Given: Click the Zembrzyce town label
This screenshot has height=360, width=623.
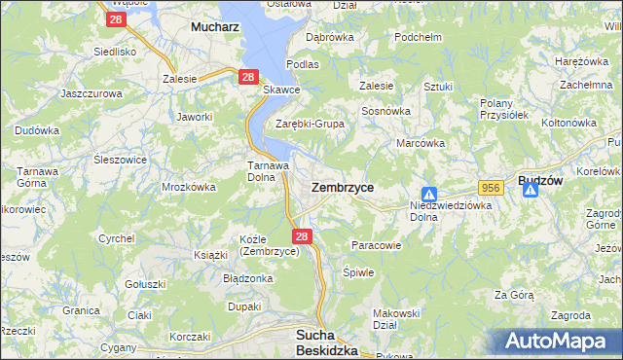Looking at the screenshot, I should coord(342,186).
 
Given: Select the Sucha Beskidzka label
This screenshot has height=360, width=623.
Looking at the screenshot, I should coord(326,342).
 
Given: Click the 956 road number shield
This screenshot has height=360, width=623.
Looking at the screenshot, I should coord(489,186).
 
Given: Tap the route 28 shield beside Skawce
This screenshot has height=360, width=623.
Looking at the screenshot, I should coord(247,77).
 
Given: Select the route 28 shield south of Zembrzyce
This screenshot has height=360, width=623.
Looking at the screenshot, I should coord(302,236).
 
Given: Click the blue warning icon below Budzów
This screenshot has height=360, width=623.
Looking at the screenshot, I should coord(531,190).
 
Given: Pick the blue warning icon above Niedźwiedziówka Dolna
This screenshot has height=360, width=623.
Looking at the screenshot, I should coord(429,194).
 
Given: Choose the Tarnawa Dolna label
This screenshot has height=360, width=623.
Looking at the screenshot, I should coord(266,171).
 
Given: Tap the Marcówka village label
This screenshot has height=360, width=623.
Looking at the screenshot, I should coord(421,143).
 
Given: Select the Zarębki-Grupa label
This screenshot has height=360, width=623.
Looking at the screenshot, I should coord(310,125).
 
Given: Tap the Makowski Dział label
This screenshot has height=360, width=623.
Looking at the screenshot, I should coord(396,319).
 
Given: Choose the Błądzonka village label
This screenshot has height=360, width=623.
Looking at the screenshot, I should coord(249,278).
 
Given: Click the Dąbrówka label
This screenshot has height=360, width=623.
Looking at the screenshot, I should coord(329,37).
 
